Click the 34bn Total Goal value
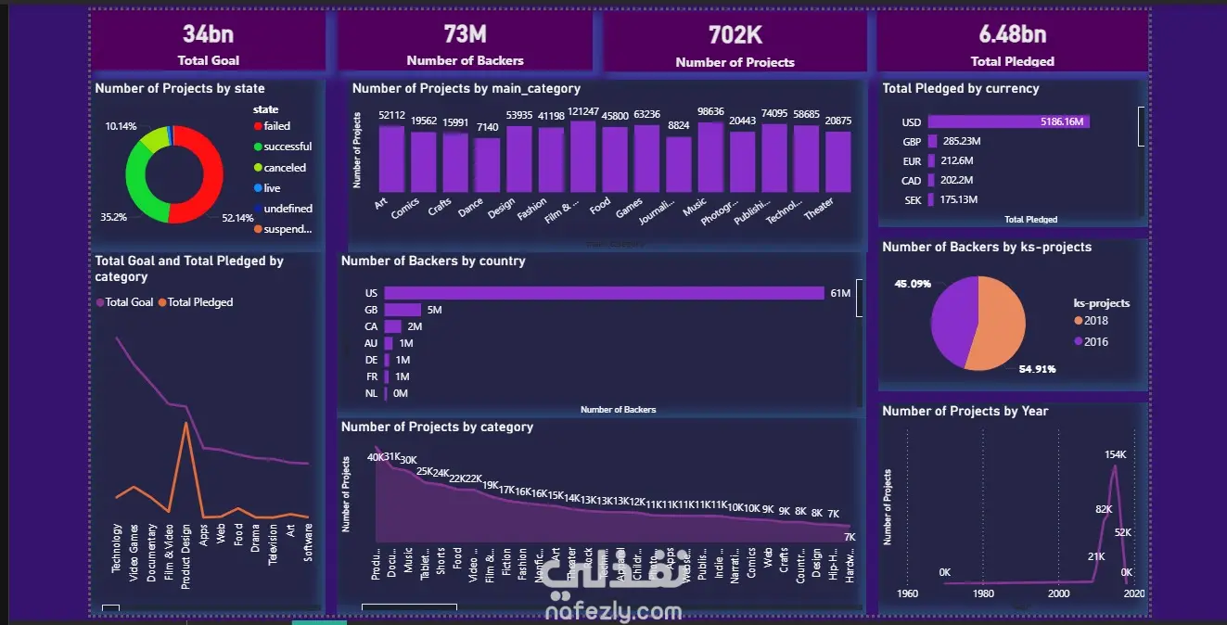(209, 35)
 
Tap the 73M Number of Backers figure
(465, 34)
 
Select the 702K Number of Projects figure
(735, 35)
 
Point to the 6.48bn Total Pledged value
(1012, 35)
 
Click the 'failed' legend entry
(276, 126)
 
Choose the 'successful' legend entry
(287, 147)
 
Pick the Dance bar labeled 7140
(487, 164)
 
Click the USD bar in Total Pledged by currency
(1008, 121)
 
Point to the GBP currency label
(911, 142)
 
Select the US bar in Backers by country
(604, 293)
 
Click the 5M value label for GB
(435, 310)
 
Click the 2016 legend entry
(1095, 341)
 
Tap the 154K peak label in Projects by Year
(1115, 454)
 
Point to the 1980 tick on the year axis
(983, 593)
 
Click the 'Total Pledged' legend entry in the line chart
(199, 302)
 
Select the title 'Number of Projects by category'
(437, 427)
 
